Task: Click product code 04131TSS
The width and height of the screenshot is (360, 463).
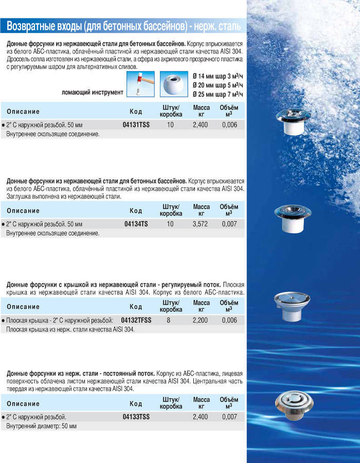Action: tap(136, 125)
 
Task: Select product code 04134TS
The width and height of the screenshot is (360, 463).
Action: tap(136, 224)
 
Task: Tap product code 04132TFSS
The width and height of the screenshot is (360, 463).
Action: tap(136, 320)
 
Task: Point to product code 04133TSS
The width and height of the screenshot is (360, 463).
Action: tap(136, 417)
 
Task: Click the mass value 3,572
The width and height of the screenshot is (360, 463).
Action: tap(201, 224)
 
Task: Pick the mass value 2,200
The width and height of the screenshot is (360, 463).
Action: tap(201, 320)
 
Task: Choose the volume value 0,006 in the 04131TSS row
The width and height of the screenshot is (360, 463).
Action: tap(229, 125)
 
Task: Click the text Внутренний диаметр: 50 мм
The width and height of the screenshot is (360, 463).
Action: tap(41, 426)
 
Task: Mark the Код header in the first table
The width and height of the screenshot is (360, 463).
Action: tap(136, 112)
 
